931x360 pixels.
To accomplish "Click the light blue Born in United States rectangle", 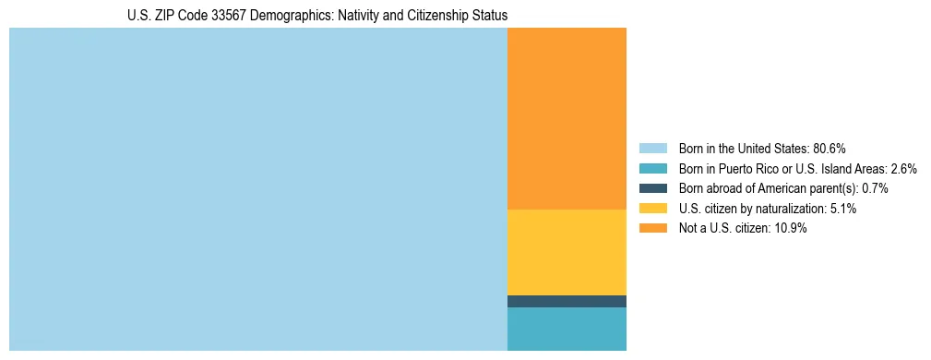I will point(258,189).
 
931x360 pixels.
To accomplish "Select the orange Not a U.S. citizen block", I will point(567,118).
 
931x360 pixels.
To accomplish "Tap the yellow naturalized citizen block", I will point(567,252).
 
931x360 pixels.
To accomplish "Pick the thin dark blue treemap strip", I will point(567,301).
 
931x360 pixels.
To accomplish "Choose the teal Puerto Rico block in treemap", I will point(567,329).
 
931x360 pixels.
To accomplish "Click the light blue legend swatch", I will point(652,149).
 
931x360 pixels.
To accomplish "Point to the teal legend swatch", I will point(652,169).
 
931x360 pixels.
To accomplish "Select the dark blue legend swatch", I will point(652,188).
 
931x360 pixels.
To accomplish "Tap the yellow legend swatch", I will point(652,209).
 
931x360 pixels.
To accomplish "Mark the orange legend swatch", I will point(652,228).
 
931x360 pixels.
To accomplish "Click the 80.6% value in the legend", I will point(830,149).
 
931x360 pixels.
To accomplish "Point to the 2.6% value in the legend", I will point(904,169).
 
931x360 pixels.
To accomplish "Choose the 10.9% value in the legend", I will point(792,228).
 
